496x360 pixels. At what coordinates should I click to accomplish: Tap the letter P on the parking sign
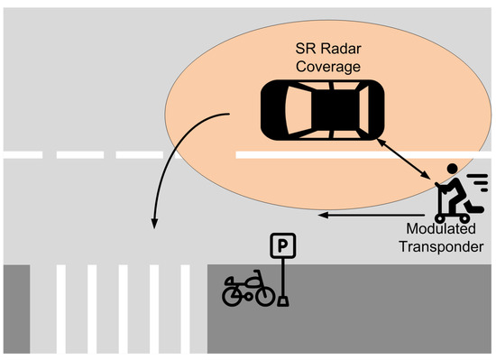pyautogui.click(x=283, y=244)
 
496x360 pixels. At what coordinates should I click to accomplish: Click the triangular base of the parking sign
pyautogui.click(x=283, y=300)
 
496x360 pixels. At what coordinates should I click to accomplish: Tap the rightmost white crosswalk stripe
pyautogui.click(x=186, y=307)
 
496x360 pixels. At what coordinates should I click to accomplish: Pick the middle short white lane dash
pyautogui.click(x=78, y=155)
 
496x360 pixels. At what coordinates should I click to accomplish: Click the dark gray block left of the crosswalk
pyautogui.click(x=14, y=307)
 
